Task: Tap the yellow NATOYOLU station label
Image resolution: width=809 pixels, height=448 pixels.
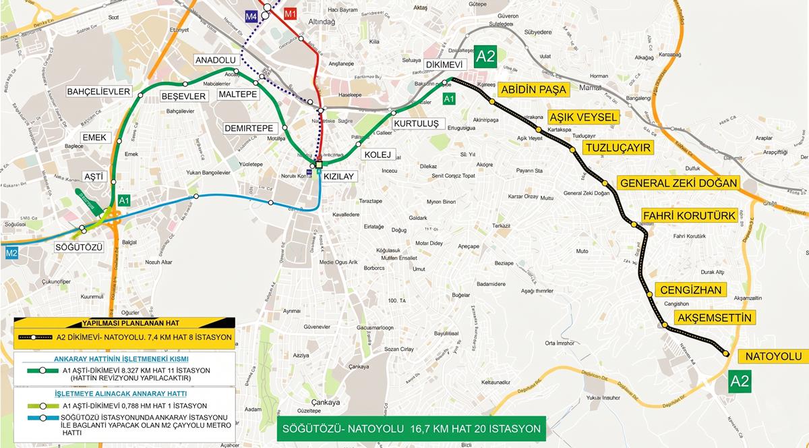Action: (773, 356)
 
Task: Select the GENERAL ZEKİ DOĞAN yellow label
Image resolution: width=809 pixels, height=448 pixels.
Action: (679, 184)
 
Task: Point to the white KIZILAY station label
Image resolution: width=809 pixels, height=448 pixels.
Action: (340, 175)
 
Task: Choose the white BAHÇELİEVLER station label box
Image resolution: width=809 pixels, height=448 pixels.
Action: (97, 91)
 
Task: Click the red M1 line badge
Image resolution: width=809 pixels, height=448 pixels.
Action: (291, 14)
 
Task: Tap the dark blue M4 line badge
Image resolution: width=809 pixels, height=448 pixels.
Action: (251, 15)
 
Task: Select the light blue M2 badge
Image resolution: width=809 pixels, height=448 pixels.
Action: (11, 254)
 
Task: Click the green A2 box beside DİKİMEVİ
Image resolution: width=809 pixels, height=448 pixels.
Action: (485, 56)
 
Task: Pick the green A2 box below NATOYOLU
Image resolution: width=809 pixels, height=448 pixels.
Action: (740, 381)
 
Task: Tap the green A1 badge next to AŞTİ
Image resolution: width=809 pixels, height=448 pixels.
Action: (124, 200)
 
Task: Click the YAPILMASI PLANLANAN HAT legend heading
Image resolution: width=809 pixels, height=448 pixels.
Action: (125, 324)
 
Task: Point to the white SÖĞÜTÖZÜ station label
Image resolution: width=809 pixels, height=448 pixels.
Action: (79, 248)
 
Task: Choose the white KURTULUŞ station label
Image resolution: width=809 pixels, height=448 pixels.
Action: (416, 123)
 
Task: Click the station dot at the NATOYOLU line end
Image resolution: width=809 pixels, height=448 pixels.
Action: (725, 352)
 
